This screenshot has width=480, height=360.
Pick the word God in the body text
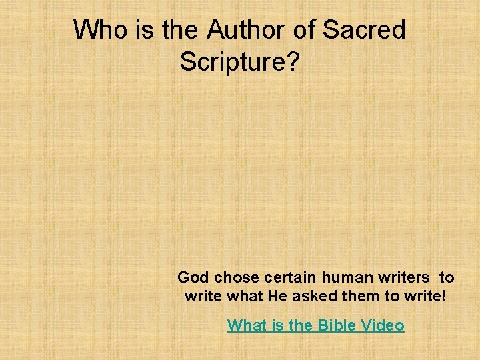pos(193,277)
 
